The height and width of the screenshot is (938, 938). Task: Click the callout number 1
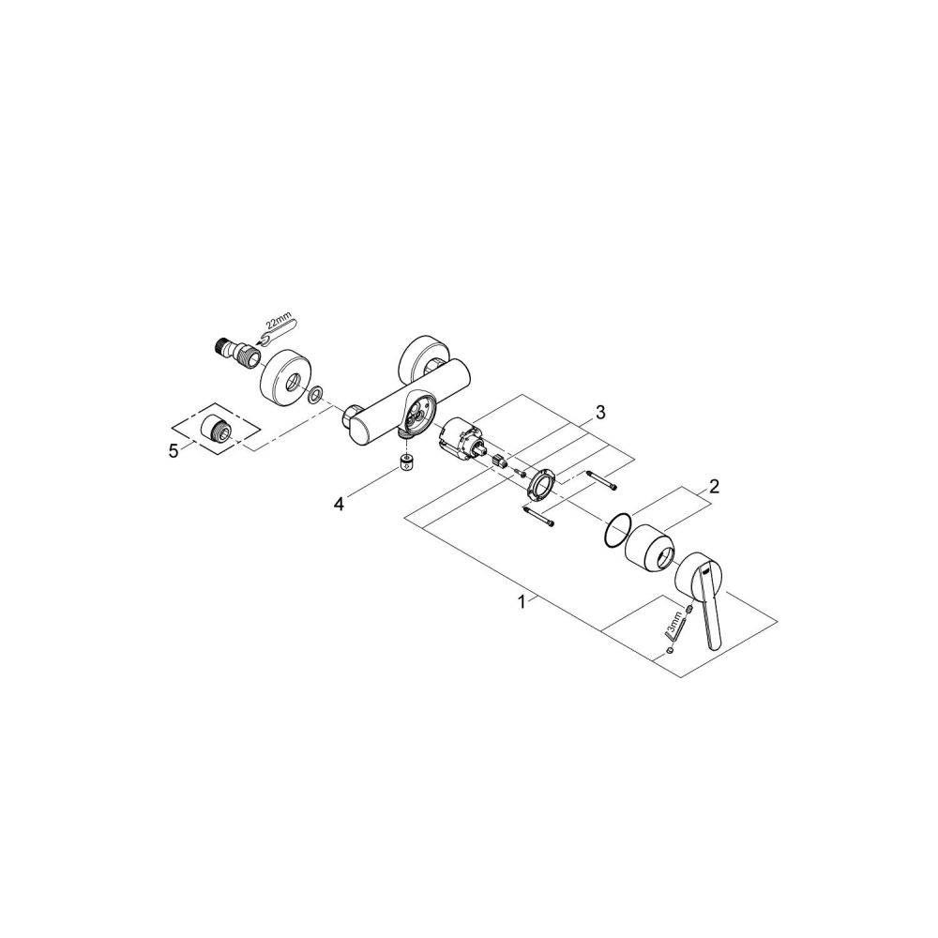pos(522,602)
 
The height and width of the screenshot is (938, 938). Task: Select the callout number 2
pos(714,486)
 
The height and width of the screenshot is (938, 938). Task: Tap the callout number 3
pos(600,412)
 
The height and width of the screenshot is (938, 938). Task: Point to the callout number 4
pos(340,505)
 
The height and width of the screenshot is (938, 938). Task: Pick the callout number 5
pos(174,451)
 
